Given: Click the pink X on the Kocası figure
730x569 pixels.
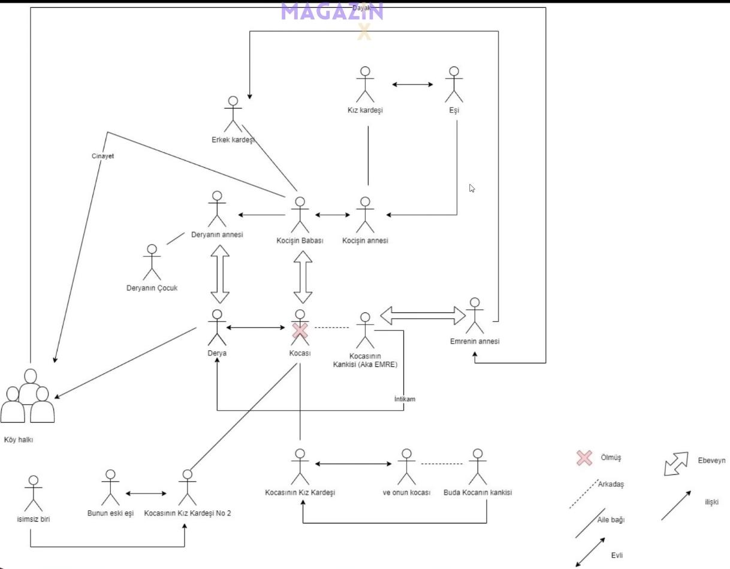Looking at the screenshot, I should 300,330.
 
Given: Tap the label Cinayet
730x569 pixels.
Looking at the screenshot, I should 102,156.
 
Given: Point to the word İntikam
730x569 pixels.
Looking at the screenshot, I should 405,399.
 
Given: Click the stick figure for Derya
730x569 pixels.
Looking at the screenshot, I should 217,328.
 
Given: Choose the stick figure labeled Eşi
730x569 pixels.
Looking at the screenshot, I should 454,85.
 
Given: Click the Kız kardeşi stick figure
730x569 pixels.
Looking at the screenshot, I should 365,85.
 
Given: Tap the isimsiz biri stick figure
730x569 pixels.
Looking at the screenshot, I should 34,494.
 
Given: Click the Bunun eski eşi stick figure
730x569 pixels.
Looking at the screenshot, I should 110,488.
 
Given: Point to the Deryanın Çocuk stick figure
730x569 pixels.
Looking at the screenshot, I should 152,262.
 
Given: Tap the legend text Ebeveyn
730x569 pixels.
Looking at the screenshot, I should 711,460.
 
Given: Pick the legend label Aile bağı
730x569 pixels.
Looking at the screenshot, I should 611,520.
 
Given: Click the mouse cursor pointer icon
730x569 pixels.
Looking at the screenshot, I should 472,188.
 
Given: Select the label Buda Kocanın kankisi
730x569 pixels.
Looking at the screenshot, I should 477,493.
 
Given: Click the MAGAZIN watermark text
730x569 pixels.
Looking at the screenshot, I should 331,11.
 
